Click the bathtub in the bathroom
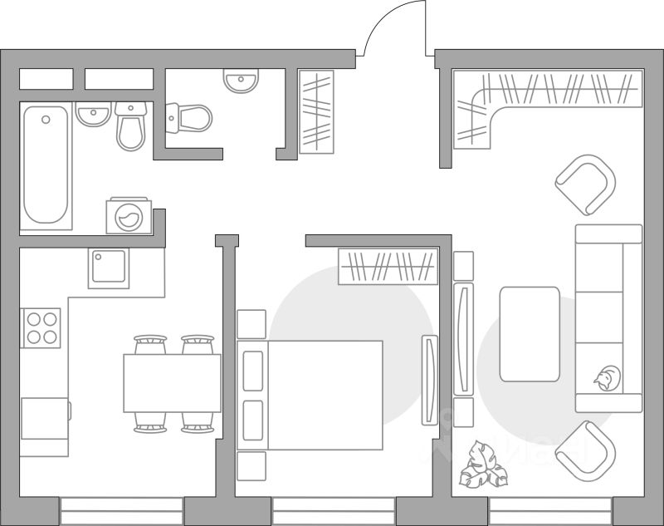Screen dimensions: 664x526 (x=46, y=166)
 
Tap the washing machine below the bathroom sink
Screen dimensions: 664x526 (x=129, y=217)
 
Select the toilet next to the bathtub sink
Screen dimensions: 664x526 (x=130, y=125)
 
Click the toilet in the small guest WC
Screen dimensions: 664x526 (x=189, y=118)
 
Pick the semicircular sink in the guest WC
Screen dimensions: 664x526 (x=241, y=80)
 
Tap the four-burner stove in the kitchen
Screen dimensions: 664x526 (x=41, y=327)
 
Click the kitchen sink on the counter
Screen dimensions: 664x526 (x=109, y=268)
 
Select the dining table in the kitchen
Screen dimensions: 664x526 (x=172, y=383)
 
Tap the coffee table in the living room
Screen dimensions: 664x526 (x=530, y=333)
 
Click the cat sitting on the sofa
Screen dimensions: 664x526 (x=608, y=379)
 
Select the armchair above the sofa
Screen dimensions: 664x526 (x=585, y=184)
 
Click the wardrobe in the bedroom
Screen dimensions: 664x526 (x=388, y=267)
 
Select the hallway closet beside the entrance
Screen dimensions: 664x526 (x=315, y=111)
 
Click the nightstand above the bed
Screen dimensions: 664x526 (x=251, y=324)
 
